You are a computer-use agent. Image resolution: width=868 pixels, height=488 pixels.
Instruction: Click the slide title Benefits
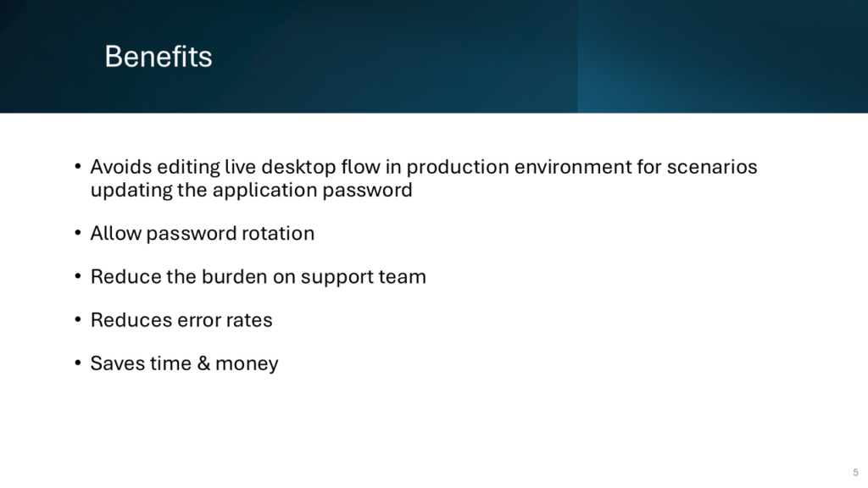pos(159,57)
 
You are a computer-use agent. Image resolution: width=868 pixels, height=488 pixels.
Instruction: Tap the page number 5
pos(855,473)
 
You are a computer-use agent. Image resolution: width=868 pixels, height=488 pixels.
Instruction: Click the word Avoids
pos(121,167)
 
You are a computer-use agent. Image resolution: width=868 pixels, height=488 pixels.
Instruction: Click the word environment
pos(573,167)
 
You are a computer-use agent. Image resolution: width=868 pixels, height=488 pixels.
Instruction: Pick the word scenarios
pos(712,167)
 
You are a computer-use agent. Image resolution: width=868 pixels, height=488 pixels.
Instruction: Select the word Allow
pos(115,233)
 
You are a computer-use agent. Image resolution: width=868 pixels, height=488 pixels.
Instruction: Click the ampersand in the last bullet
pos(203,363)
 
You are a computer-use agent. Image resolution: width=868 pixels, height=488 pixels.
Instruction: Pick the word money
pos(247,364)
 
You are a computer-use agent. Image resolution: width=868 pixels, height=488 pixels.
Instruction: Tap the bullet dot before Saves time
pos(78,363)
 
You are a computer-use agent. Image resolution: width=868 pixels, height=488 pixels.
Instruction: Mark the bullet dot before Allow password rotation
pos(78,234)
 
